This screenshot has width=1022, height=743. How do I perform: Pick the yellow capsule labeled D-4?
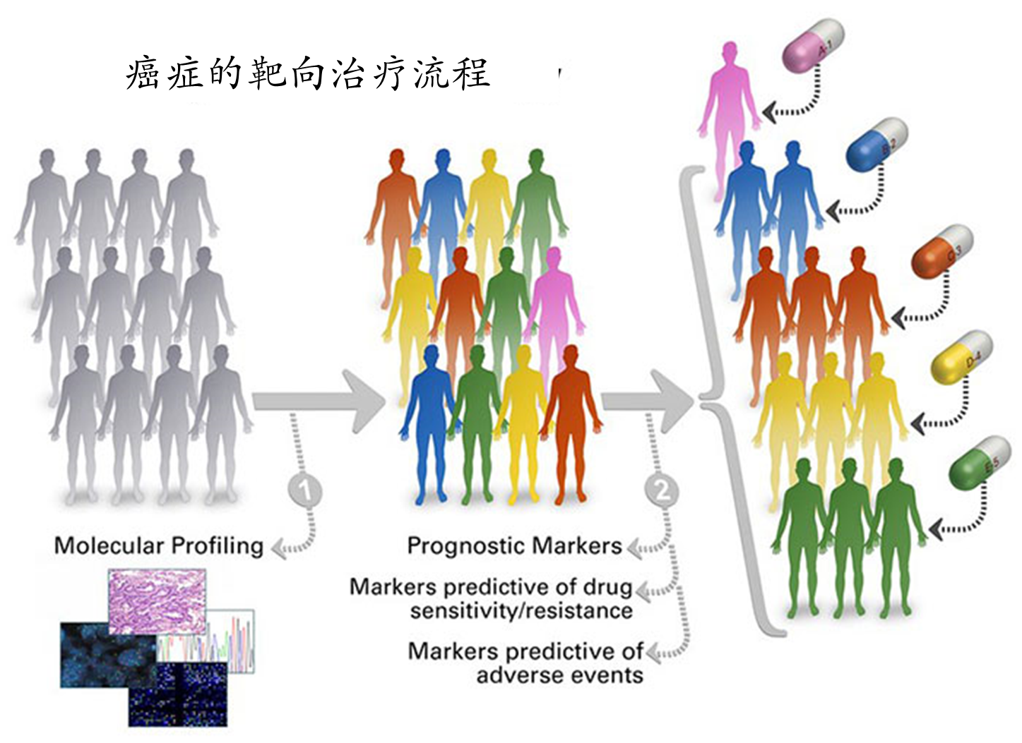tap(961, 357)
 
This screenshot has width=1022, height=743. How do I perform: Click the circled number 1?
tap(305, 492)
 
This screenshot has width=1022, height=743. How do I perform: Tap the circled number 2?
tap(662, 491)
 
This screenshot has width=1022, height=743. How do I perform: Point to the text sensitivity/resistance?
tap(521, 612)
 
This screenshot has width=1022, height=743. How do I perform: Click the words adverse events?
tap(560, 675)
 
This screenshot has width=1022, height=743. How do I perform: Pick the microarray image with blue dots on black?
tap(178, 694)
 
